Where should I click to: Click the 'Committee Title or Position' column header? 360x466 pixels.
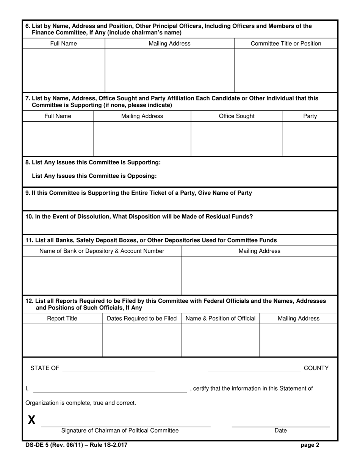(286, 44)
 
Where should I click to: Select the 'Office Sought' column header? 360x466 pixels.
(237, 116)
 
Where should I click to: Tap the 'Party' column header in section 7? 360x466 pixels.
(310, 116)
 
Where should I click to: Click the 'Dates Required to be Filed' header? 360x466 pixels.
(142, 319)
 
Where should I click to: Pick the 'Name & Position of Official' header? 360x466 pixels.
(220, 319)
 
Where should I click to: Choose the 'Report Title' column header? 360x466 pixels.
(62, 319)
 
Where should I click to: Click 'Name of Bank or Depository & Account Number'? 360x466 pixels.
(102, 251)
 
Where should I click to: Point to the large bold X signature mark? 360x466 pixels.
(32, 420)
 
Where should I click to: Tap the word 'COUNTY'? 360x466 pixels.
(316, 368)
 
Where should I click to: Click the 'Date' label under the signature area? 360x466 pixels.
(280, 430)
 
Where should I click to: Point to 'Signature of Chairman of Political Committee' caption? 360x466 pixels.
(120, 430)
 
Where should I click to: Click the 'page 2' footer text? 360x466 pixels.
(310, 445)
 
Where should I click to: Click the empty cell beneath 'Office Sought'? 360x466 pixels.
(237, 139)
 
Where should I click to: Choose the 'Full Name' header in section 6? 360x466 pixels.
(63, 44)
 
